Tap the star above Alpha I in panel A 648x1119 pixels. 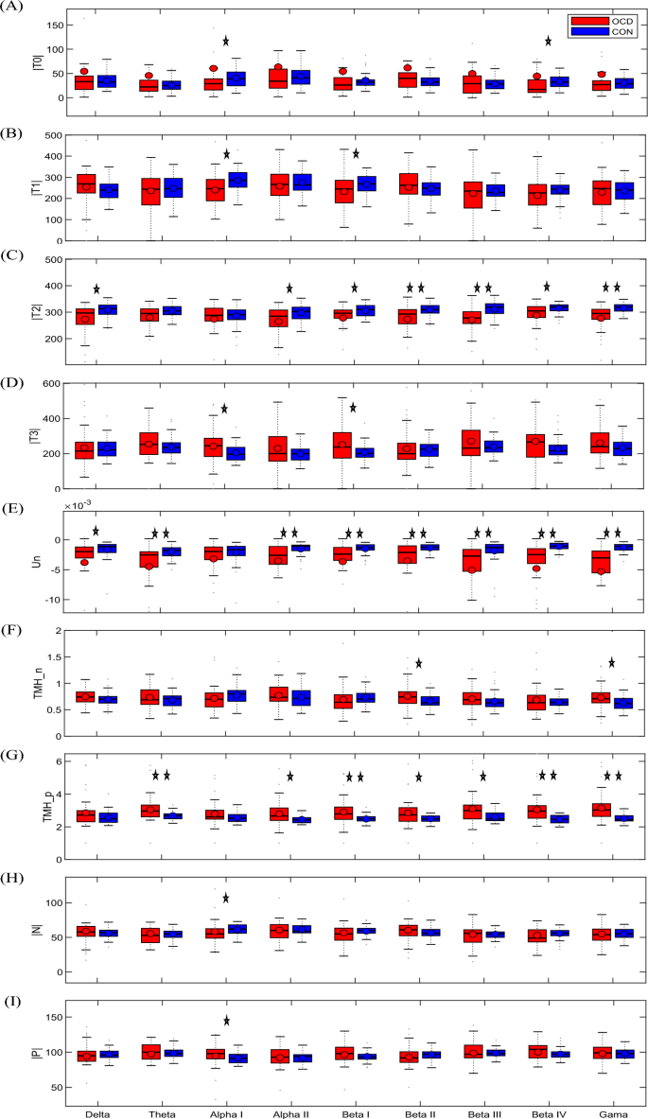pos(226,41)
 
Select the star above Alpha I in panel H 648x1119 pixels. pos(226,898)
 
